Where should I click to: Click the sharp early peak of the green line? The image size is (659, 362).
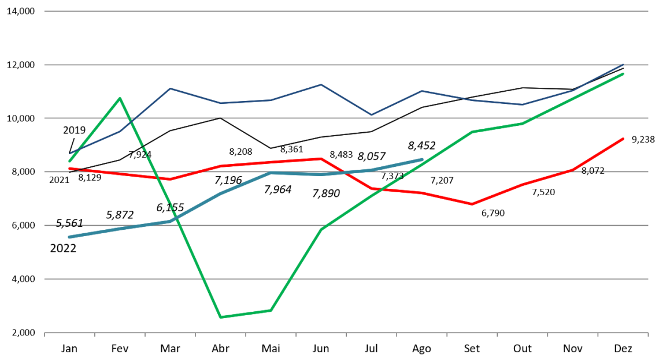pyautogui.click(x=120, y=98)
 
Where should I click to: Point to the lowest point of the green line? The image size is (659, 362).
pyautogui.click(x=221, y=317)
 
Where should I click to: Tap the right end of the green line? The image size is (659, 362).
pyautogui.click(x=623, y=74)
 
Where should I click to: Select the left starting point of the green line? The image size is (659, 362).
pyautogui.click(x=69, y=162)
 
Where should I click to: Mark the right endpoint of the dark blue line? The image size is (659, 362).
pyautogui.click(x=624, y=64)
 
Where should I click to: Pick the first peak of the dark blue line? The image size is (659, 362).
pyautogui.click(x=170, y=88)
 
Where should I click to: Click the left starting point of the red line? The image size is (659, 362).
pyautogui.click(x=69, y=169)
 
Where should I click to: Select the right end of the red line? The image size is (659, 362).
pyautogui.click(x=623, y=139)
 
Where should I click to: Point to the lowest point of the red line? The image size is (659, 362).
pyautogui.click(x=472, y=204)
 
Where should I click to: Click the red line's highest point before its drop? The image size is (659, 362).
pyautogui.click(x=321, y=158)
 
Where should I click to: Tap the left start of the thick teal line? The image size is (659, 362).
pyautogui.click(x=69, y=237)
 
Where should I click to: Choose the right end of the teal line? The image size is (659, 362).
pyautogui.click(x=422, y=159)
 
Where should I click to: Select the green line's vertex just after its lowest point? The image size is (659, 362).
pyautogui.click(x=271, y=310)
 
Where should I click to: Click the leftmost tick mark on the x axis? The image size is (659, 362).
pyautogui.click(x=45, y=334)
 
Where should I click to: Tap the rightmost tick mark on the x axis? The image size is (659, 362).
pyautogui.click(x=648, y=334)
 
